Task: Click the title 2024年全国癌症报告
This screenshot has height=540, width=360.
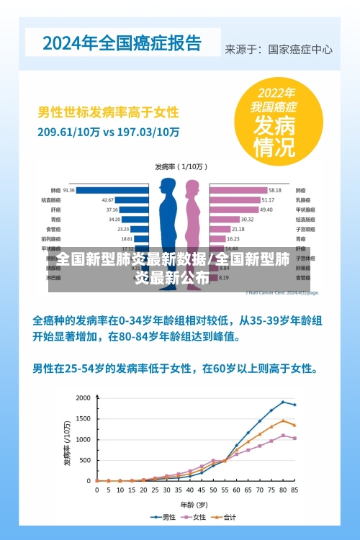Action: [x=122, y=42]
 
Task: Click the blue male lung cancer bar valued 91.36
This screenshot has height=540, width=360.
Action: [x=112, y=190]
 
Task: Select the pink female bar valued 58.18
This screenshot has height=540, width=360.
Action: [x=236, y=190]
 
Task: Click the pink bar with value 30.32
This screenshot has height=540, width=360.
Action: [x=223, y=219]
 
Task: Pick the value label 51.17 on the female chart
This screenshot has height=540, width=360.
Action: [x=268, y=199]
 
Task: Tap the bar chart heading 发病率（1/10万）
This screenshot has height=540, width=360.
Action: [x=180, y=166]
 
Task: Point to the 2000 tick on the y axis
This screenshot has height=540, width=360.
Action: [x=84, y=397]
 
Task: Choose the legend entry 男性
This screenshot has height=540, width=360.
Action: [x=165, y=516]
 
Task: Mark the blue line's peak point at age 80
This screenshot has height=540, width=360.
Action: [x=283, y=402]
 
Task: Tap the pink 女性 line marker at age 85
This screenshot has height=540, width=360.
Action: [x=294, y=438]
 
